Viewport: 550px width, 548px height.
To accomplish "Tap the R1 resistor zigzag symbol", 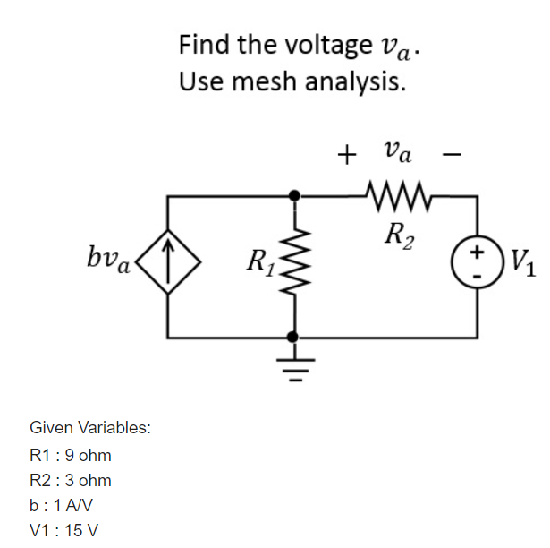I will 292,264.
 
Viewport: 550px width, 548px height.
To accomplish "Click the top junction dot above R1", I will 292,193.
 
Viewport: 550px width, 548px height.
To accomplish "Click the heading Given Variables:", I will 89,428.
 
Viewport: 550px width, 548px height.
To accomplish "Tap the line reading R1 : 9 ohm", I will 71,456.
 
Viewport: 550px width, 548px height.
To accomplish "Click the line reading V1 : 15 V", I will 64,530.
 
